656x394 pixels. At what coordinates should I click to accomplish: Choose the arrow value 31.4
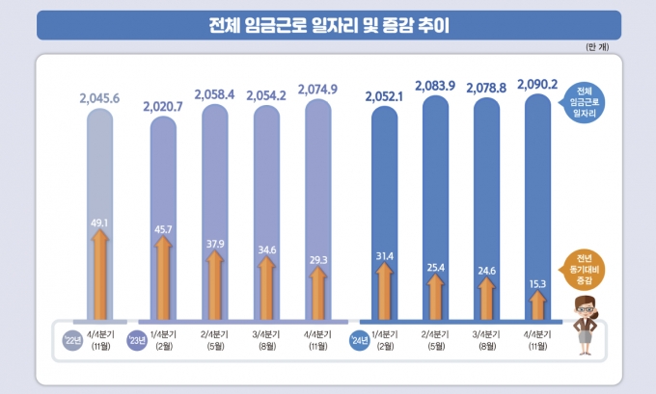point(383,255)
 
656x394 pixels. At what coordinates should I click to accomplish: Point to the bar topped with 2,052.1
point(384,212)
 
